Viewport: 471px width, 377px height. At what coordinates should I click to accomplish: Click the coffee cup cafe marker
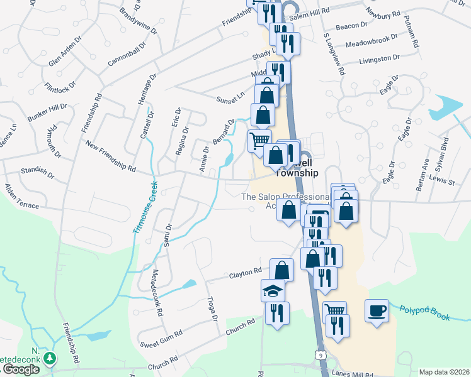(377, 310)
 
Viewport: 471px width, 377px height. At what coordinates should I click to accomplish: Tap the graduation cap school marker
(273, 291)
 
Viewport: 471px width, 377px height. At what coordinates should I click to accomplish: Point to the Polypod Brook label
(425, 312)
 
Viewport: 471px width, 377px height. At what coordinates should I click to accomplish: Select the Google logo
(21, 369)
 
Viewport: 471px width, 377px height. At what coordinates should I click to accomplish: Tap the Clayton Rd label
(245, 272)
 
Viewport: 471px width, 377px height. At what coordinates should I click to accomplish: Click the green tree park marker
(48, 358)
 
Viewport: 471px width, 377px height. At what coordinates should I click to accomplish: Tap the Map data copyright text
(444, 372)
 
